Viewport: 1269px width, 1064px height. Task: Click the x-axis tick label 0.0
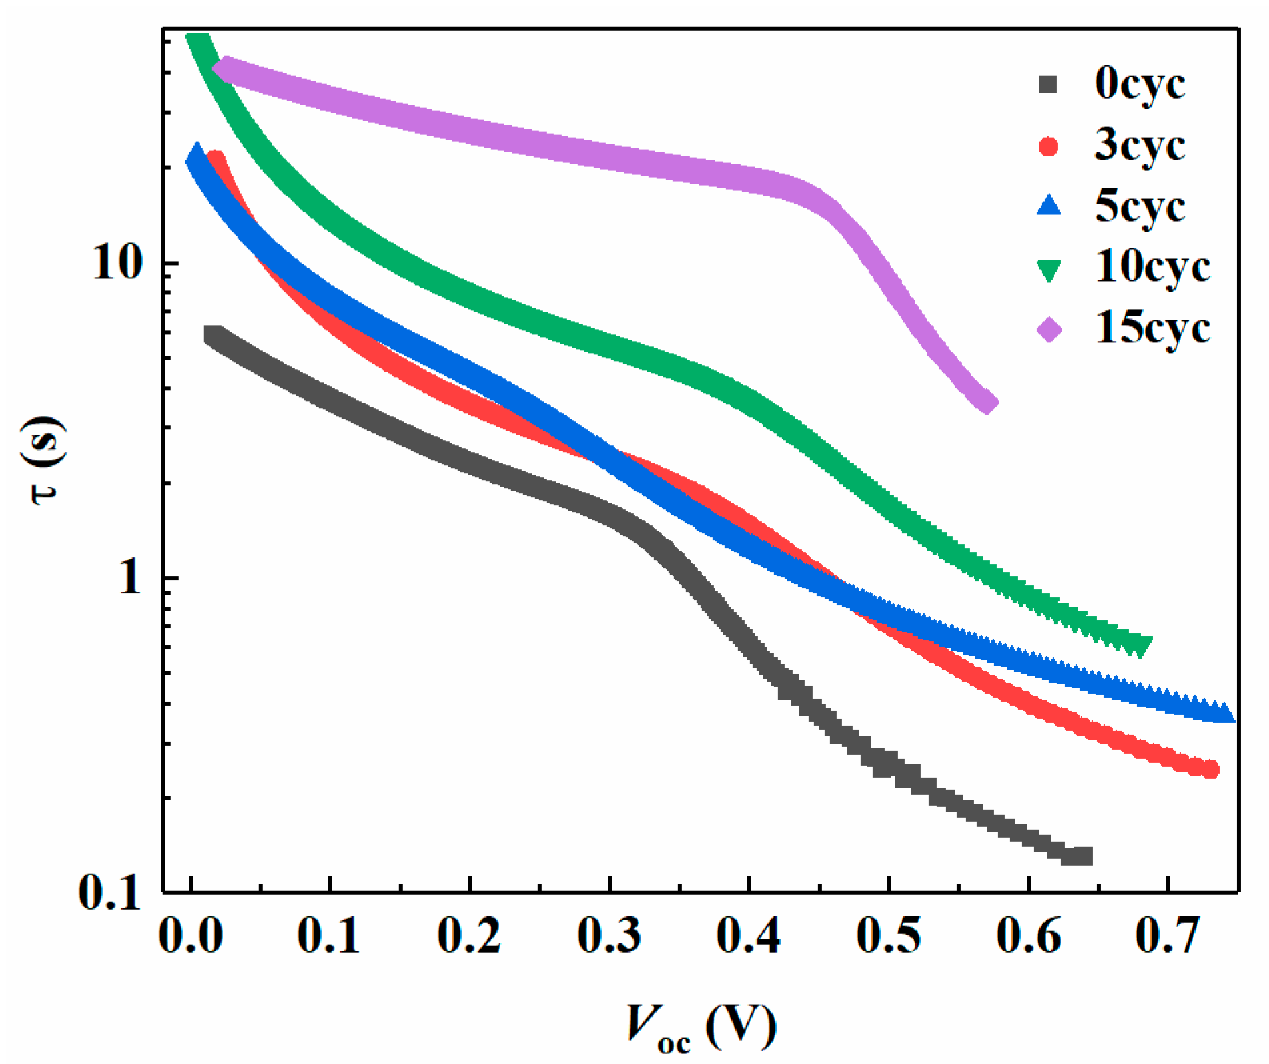point(191,935)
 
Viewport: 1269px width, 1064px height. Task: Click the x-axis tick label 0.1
point(329,935)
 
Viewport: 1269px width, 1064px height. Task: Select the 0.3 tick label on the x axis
point(609,935)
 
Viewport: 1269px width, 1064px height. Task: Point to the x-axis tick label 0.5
point(889,935)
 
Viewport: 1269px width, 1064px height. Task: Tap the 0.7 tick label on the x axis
point(1168,935)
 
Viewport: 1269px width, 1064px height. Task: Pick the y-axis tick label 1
point(131,577)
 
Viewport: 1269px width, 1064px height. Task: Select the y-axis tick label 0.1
point(111,891)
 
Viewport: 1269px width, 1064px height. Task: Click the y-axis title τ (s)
point(45,461)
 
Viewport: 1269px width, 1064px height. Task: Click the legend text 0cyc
point(1140,85)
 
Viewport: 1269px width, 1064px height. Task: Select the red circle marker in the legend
point(1049,146)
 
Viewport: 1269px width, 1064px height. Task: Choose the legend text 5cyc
point(1140,207)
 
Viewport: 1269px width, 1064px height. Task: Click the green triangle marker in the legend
point(1049,270)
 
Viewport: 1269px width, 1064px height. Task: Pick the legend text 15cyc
point(1152,328)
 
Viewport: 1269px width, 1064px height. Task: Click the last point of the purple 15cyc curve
point(988,403)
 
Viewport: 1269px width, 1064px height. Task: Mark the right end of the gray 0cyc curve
point(1082,856)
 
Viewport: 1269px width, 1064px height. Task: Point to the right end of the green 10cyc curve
point(1142,645)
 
